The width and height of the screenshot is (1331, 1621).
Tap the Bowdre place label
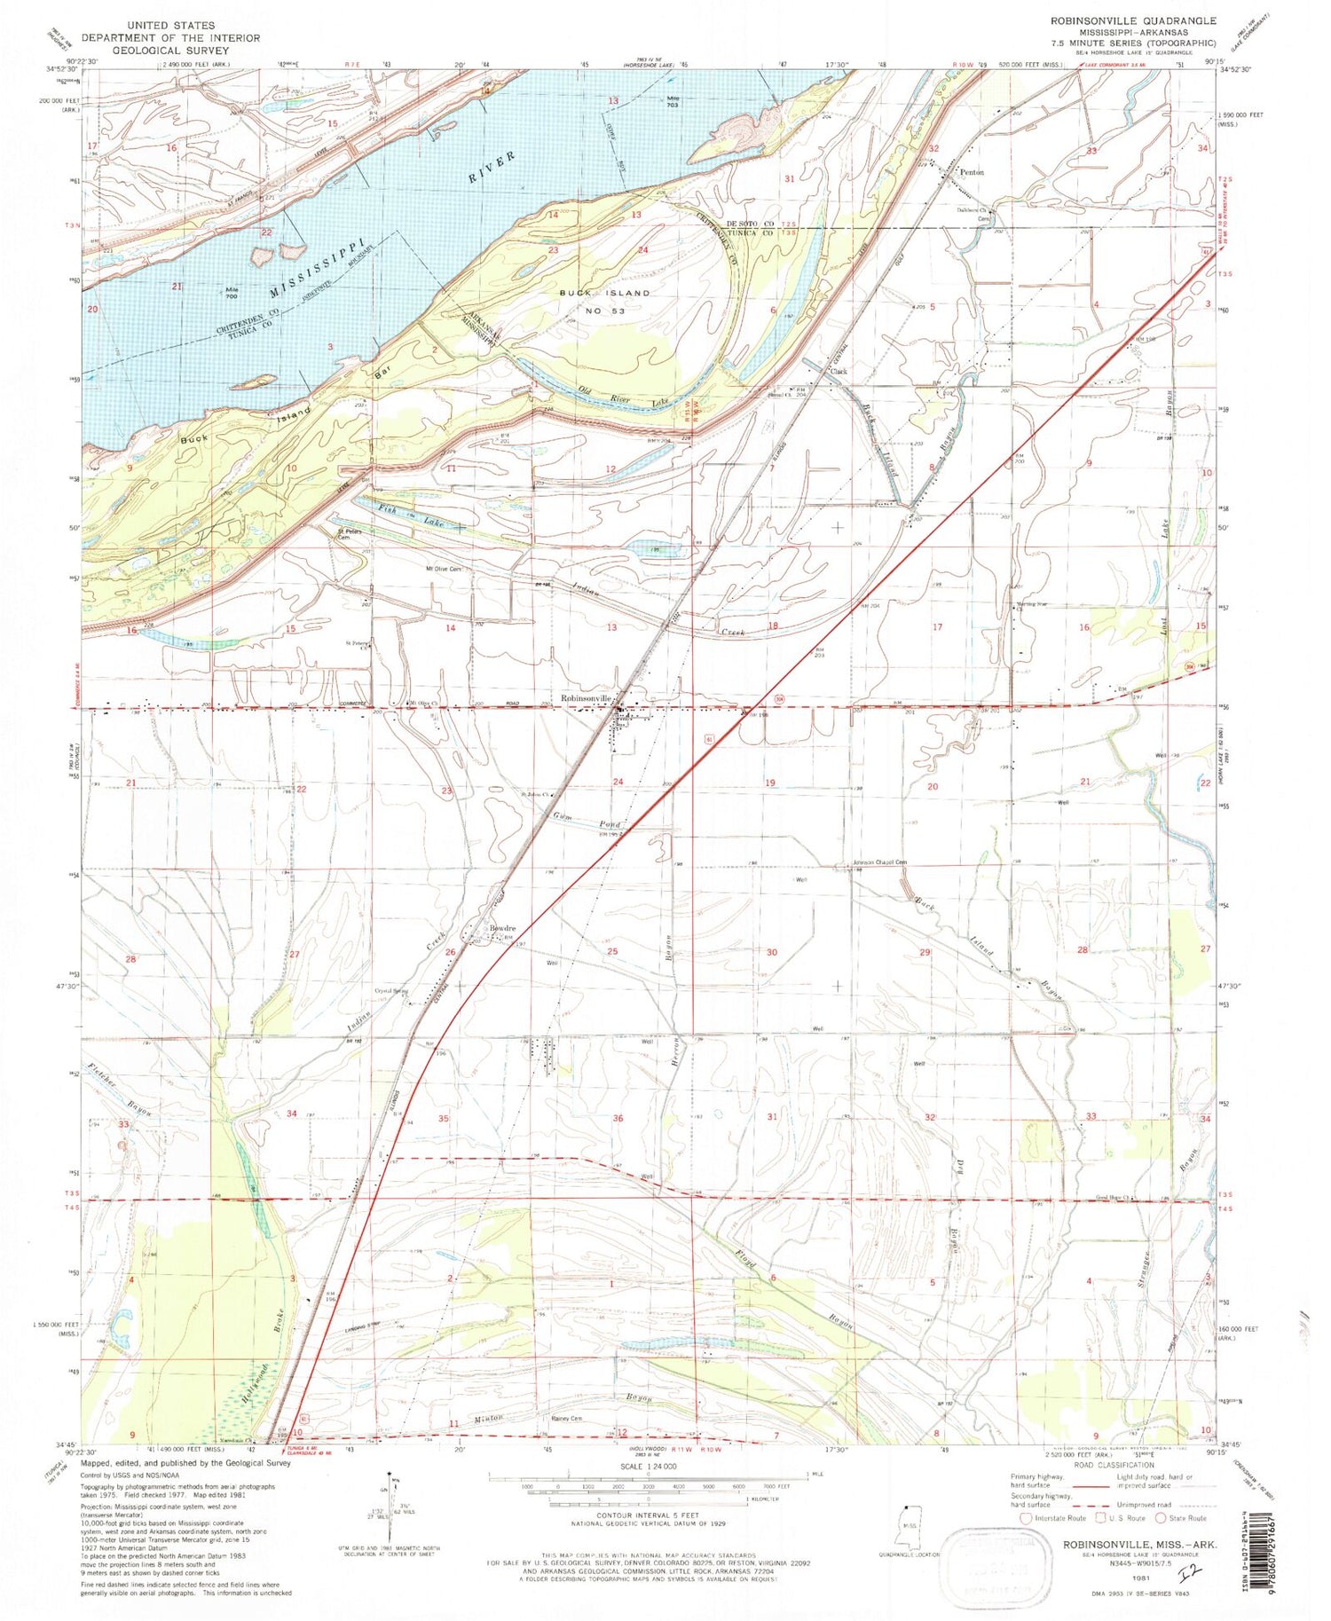click(499, 928)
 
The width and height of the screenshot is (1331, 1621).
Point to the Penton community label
click(972, 172)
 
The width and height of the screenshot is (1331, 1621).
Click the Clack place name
click(839, 372)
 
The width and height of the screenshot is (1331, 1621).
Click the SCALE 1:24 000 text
click(647, 1466)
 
